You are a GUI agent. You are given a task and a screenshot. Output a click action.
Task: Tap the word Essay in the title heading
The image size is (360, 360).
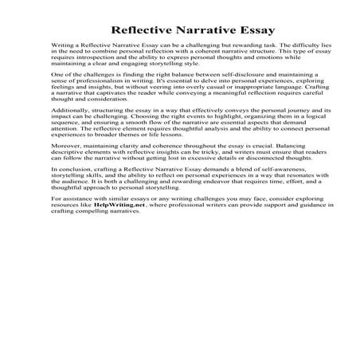[232, 29]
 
